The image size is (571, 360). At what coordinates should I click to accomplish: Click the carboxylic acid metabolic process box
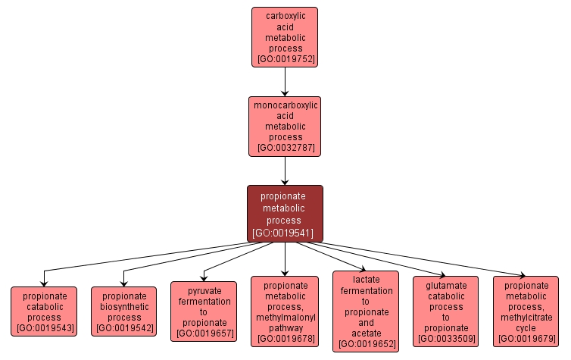[284, 36]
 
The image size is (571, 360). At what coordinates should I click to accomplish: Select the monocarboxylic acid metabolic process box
[284, 126]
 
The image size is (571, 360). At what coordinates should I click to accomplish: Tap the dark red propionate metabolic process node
[285, 214]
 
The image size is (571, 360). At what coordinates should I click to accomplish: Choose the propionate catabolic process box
[44, 311]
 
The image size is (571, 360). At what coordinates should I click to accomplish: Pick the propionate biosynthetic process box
[123, 311]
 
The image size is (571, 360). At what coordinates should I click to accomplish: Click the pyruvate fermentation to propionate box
[204, 311]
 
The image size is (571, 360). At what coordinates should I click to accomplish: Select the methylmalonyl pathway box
[285, 311]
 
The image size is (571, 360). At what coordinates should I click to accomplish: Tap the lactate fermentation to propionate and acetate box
[365, 311]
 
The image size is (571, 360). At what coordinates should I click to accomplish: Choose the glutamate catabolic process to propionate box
[445, 311]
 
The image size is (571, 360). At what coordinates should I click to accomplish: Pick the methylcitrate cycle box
[526, 311]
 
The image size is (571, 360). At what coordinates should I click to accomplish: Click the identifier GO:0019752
[285, 59]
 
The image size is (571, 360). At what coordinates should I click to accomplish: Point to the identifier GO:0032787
[285, 149]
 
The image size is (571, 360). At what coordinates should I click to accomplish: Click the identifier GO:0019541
[285, 233]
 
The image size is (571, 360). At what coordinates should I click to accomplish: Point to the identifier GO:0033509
[445, 338]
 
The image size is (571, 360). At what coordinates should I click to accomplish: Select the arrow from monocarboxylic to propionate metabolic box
[285, 171]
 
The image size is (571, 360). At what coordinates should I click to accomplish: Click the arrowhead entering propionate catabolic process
[44, 283]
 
